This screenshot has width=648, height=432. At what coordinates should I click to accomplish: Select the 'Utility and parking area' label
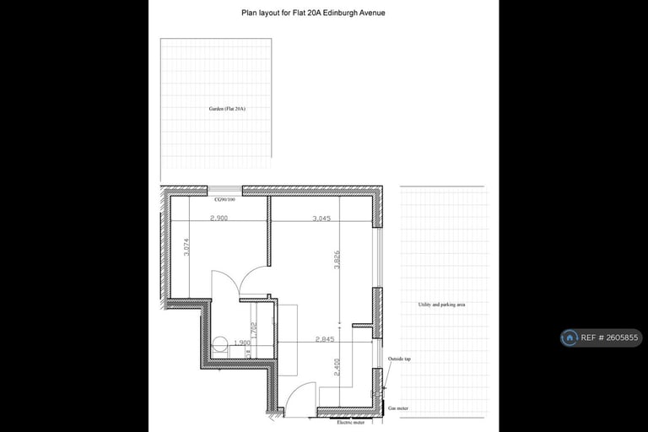(441, 304)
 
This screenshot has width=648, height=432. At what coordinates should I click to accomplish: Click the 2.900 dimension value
(219, 218)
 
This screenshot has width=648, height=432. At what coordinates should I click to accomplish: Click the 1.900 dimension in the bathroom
(240, 343)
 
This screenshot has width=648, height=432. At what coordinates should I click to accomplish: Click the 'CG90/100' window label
(224, 200)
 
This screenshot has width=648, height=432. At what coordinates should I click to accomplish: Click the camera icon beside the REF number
(570, 337)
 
